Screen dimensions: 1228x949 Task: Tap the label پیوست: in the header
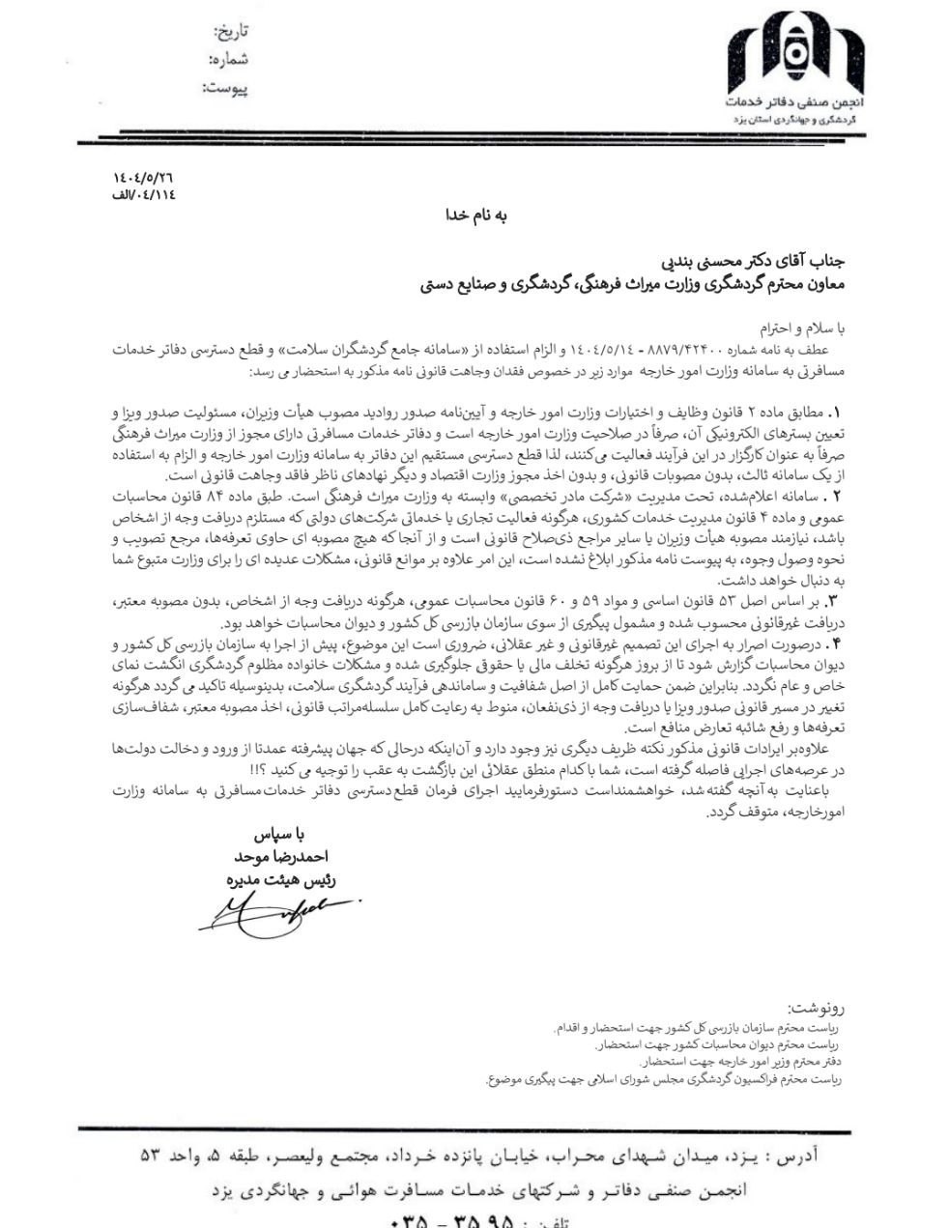point(225,88)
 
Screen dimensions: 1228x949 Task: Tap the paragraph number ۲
point(837,495)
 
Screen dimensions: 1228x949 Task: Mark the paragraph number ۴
point(837,643)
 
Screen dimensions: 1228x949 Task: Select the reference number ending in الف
point(142,194)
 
